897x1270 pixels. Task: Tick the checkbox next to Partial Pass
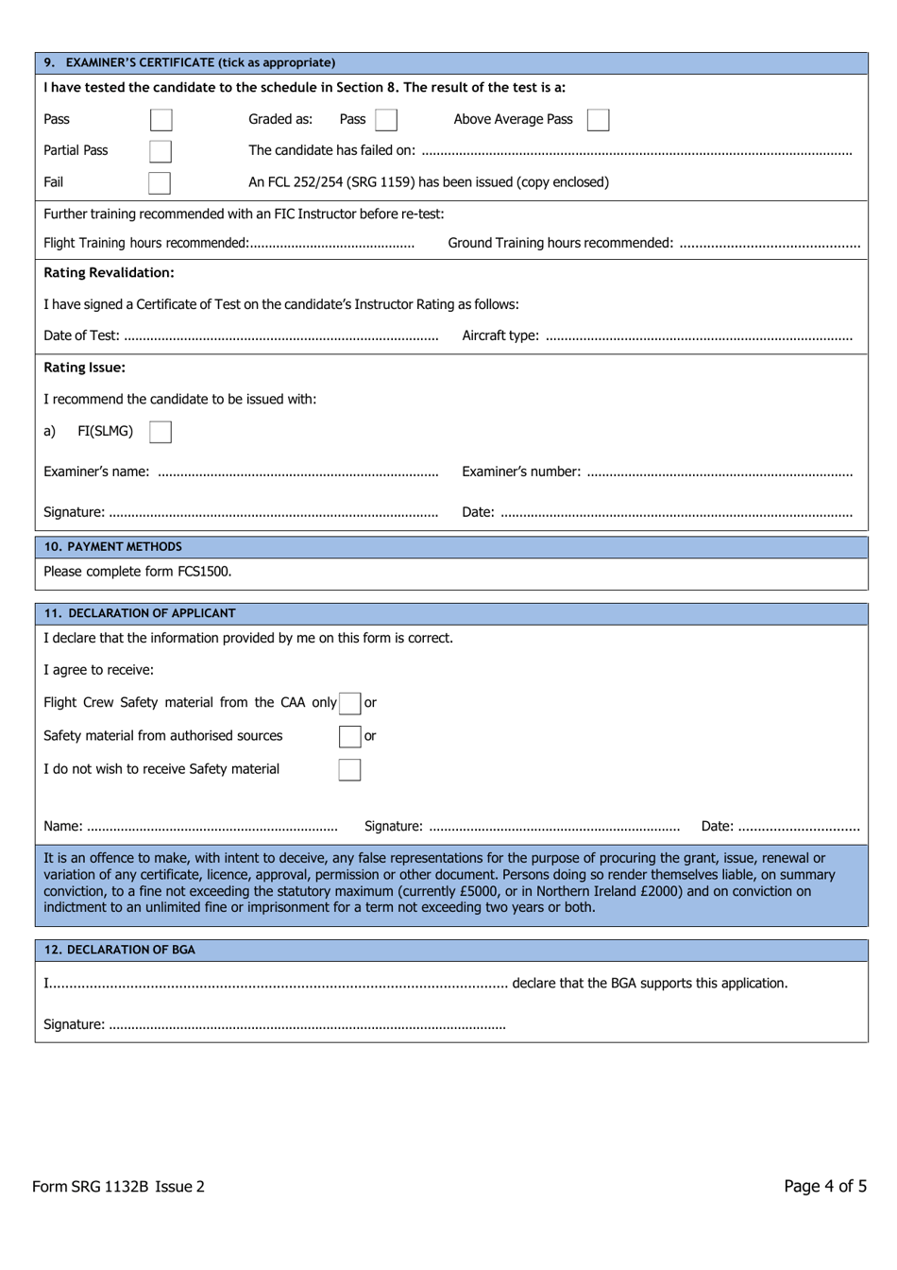(x=161, y=151)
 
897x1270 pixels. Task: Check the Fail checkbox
(x=160, y=182)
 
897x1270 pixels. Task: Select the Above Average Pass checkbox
(x=598, y=120)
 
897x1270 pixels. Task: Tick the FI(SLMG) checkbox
(x=161, y=432)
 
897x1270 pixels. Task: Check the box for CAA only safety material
(x=350, y=703)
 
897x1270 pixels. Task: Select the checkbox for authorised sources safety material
(x=350, y=736)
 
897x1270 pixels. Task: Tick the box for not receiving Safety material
(x=349, y=769)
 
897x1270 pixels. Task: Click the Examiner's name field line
(x=297, y=472)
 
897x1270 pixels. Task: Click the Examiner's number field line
(x=719, y=472)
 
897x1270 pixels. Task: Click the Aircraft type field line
(x=699, y=336)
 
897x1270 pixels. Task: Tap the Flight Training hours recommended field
(x=331, y=244)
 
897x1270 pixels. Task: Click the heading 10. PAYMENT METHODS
(x=113, y=547)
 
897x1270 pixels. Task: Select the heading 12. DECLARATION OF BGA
(x=120, y=951)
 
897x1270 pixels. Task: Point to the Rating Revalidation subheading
(x=109, y=273)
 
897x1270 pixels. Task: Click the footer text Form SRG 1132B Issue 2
(x=118, y=1187)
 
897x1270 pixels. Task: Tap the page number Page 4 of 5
(x=824, y=1187)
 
